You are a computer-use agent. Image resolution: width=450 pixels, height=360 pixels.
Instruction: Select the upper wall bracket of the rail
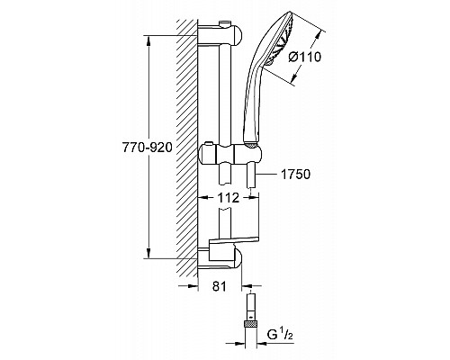pos(223,37)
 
